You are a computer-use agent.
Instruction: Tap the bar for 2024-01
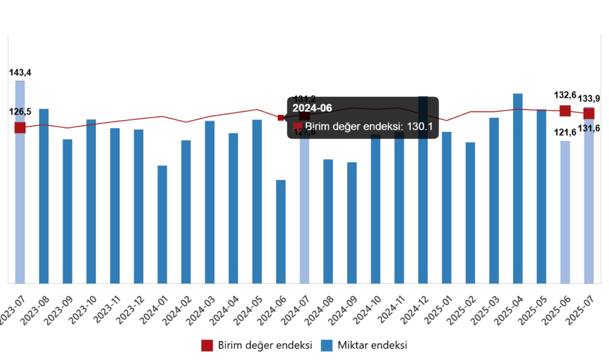(x=162, y=224)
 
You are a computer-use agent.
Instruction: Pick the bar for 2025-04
(x=518, y=188)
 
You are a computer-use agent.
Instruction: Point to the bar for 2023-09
(x=67, y=210)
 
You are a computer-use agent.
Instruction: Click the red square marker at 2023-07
(x=20, y=127)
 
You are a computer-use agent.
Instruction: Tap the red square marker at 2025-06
(x=565, y=111)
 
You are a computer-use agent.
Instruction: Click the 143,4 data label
(x=20, y=73)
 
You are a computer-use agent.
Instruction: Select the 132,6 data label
(x=565, y=95)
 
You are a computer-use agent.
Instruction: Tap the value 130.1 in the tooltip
(x=419, y=127)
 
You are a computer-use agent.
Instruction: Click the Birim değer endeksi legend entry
(x=257, y=346)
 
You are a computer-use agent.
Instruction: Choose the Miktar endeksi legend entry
(x=364, y=346)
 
